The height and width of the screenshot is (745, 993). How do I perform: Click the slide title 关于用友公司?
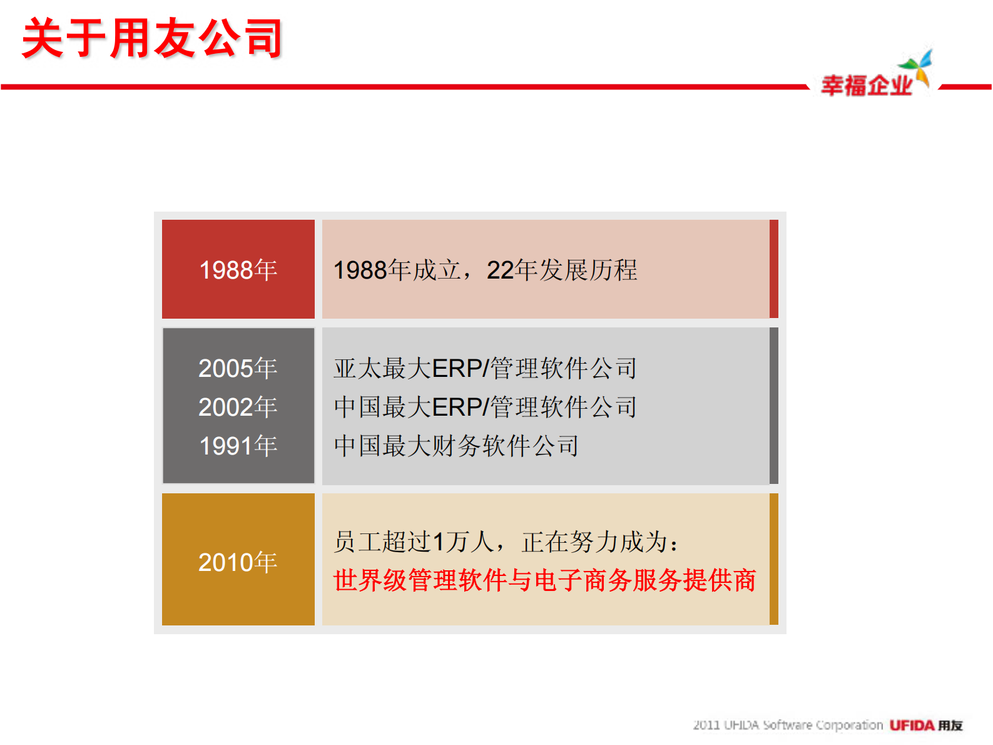click(152, 39)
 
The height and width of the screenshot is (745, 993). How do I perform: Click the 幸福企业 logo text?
click(867, 86)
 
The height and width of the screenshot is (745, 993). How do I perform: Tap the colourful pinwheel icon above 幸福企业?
click(917, 66)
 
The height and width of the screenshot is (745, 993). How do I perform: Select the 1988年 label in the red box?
click(238, 270)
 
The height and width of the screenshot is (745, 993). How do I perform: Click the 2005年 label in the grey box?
click(238, 368)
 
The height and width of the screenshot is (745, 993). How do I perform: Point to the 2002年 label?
click(238, 407)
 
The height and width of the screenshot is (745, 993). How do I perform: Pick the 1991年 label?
click(238, 446)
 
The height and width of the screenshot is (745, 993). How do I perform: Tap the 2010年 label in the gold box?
click(238, 562)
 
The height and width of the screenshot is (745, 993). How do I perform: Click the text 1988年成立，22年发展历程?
click(485, 270)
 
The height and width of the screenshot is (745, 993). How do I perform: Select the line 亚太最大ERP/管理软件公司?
click(485, 368)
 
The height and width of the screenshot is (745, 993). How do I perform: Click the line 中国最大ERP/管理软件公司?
click(485, 407)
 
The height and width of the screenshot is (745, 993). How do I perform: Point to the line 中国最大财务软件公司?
click(456, 446)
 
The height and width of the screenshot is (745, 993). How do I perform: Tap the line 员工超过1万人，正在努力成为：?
click(506, 542)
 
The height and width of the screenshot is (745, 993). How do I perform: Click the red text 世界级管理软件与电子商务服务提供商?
click(544, 580)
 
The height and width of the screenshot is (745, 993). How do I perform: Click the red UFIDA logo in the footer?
click(912, 725)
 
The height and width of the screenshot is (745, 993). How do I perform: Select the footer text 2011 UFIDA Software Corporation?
click(787, 725)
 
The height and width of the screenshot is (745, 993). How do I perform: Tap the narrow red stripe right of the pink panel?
click(774, 269)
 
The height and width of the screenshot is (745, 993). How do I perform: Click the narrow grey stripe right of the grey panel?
click(774, 406)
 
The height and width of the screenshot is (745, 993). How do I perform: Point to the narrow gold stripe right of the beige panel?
click(774, 559)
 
